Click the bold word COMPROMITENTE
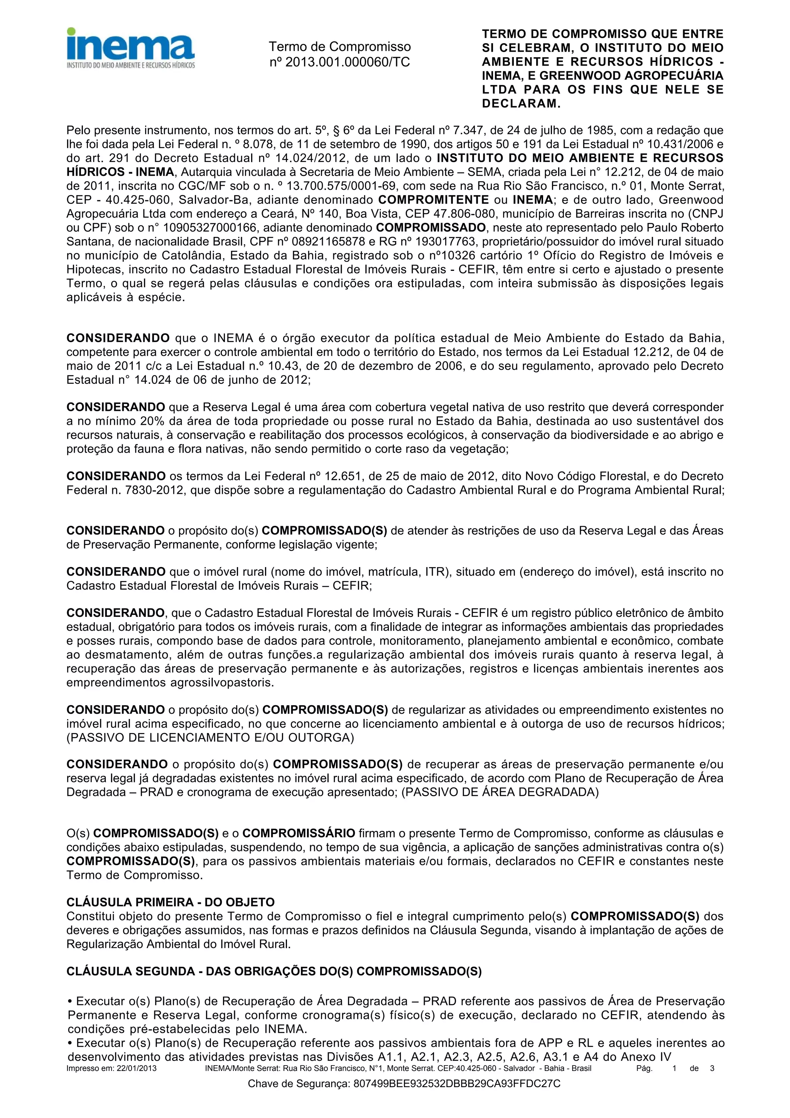coord(434,200)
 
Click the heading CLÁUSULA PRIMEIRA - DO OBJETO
coord(170,902)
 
